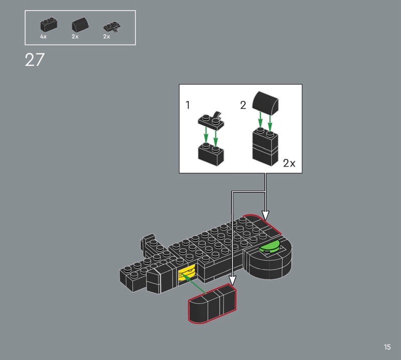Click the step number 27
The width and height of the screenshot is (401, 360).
(35, 60)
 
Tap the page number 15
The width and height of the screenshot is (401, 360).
(387, 347)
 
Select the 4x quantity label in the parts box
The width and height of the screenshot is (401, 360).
(43, 37)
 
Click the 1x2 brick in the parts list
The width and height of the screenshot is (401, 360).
(49, 25)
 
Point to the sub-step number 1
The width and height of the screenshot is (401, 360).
(187, 105)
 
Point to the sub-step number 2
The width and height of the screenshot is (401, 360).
(243, 105)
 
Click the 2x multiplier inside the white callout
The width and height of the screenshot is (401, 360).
(289, 163)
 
